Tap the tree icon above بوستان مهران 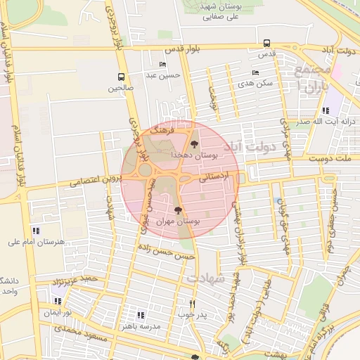[178, 210]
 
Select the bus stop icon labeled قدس [266, 43]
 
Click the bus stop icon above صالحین [121, 77]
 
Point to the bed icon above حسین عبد [163, 65]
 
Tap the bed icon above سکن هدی [255, 72]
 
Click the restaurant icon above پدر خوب [191, 304]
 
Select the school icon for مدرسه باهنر [141, 316]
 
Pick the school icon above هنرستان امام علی [36, 231]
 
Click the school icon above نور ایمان [58, 301]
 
